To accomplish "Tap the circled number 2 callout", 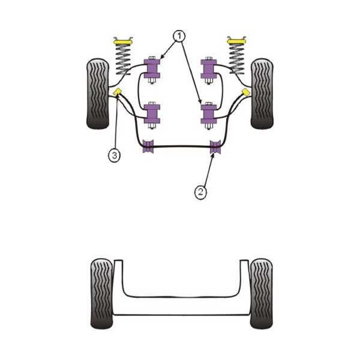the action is [x=200, y=192].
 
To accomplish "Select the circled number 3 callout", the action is [x=114, y=155].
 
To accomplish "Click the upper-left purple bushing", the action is [x=152, y=68].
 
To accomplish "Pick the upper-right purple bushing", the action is [x=209, y=69].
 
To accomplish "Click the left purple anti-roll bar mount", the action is [x=148, y=146].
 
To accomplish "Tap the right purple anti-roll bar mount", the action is [x=215, y=146].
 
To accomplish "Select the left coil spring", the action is [x=123, y=59].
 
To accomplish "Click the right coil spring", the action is [x=236, y=59].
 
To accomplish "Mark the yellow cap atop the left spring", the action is [x=123, y=42].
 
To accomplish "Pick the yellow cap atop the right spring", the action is [x=236, y=41].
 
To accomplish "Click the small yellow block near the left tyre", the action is [x=118, y=92].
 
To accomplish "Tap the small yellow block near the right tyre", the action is [x=246, y=92].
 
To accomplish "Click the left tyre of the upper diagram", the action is [x=97, y=94].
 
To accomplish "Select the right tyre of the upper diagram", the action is [x=262, y=94].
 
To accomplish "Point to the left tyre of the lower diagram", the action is [x=102, y=293].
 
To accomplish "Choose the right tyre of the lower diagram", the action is [x=261, y=293].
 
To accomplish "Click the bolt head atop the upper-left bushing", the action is [x=152, y=58].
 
